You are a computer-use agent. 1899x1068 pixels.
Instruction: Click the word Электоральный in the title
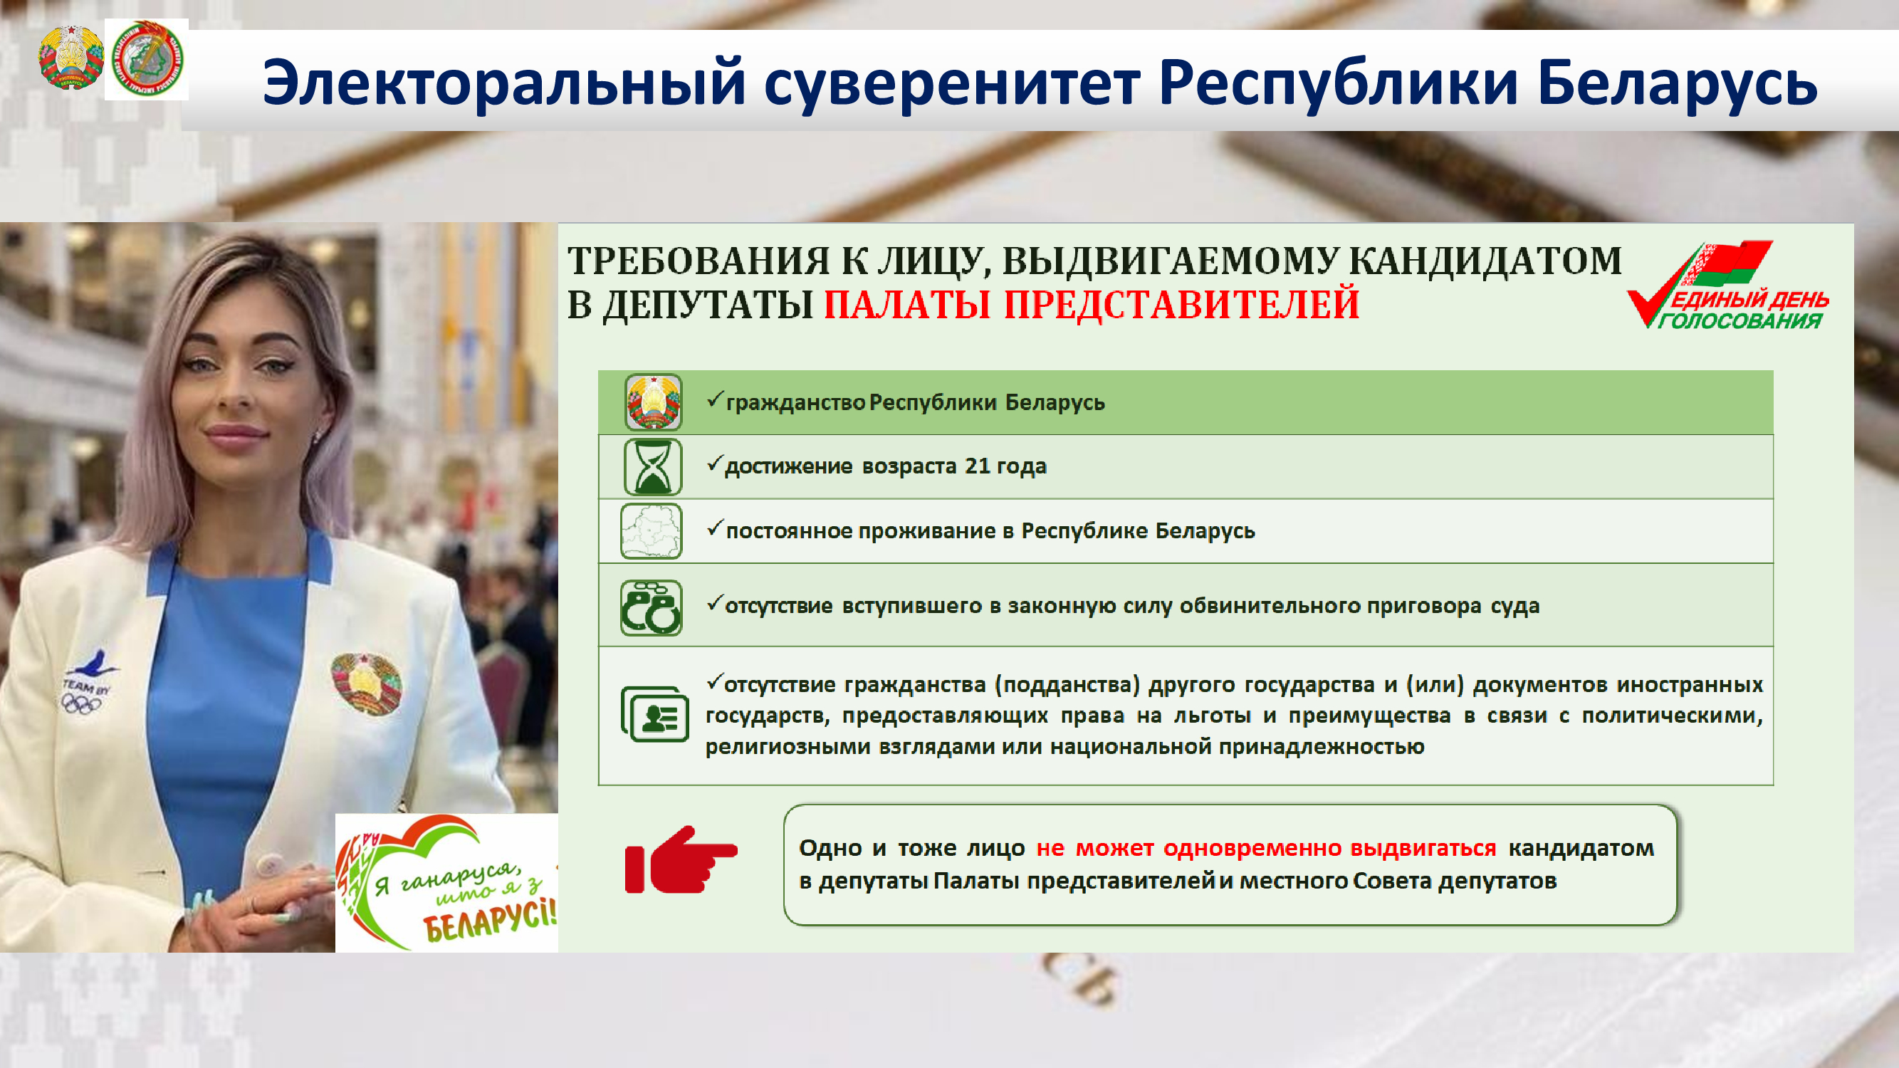coord(505,83)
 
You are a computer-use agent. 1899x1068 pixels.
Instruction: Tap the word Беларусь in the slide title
coord(1678,82)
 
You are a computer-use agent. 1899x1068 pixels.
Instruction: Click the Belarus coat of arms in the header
coord(70,59)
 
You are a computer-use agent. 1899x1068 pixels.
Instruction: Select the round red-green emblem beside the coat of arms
coord(146,59)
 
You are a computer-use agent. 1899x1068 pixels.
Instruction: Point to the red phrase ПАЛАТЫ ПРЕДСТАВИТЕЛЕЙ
coord(1091,305)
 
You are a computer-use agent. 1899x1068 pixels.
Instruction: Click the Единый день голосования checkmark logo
coord(1728,285)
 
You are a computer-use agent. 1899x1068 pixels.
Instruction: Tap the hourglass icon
coord(652,466)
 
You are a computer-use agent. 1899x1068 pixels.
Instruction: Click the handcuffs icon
coord(651,608)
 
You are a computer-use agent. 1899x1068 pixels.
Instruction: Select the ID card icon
coord(654,713)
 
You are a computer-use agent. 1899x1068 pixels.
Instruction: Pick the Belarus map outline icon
coord(651,530)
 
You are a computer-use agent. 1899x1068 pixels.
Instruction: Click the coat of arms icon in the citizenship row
coord(653,402)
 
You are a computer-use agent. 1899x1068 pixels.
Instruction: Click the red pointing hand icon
coord(681,860)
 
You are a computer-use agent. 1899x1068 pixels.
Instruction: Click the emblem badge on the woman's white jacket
coord(366,684)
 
